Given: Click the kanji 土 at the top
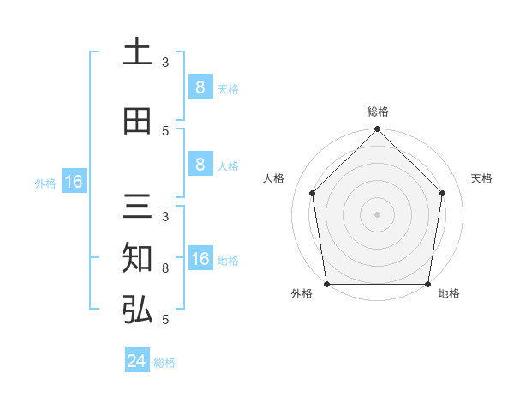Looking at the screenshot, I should point(137,52).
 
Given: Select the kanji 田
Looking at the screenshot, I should point(137,121).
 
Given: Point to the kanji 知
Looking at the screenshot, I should point(137,258).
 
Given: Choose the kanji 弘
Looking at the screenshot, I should point(137,310).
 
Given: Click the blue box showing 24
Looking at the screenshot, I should point(137,361).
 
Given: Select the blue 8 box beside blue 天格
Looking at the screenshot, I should point(200,87).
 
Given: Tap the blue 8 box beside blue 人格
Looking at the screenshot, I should point(200,165).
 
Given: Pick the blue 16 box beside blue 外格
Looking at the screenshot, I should point(74,182).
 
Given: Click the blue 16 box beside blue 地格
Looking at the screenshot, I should point(200,259).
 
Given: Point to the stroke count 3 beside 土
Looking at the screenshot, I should point(165,62).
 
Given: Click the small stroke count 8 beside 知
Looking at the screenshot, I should point(165,268).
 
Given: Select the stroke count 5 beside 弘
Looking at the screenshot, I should point(165,319).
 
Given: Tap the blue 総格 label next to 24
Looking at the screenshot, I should point(164,363).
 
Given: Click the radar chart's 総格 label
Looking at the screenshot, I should point(378,111).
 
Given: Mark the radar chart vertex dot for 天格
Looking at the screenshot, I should point(443,193).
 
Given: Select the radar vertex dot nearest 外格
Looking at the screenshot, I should point(326,284).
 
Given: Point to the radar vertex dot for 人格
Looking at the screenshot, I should point(312,193).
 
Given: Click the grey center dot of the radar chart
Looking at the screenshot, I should point(377,214).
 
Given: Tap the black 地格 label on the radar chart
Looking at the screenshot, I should point(449,293).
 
